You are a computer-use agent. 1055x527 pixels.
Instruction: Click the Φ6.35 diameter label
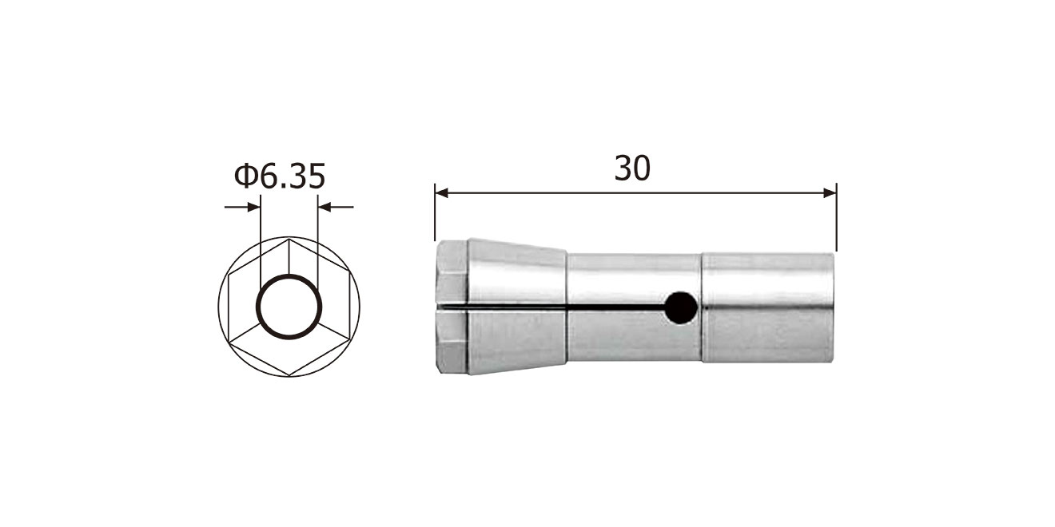pos(280,176)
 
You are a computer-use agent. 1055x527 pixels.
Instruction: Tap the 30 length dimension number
pos(632,168)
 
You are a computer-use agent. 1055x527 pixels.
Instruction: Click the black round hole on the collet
pos(681,307)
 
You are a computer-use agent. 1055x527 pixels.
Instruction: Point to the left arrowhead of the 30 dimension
pos(441,192)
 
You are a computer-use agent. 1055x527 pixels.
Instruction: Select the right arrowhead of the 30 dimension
pos(830,192)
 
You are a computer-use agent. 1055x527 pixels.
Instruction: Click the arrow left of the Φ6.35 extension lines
pos(242,207)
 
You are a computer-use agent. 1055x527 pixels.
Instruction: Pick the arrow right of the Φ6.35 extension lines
pos(336,207)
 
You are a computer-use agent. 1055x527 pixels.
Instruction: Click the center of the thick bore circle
pos(289,307)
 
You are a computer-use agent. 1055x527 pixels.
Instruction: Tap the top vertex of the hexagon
pos(289,239)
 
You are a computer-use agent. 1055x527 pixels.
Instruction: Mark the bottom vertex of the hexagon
pos(289,375)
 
